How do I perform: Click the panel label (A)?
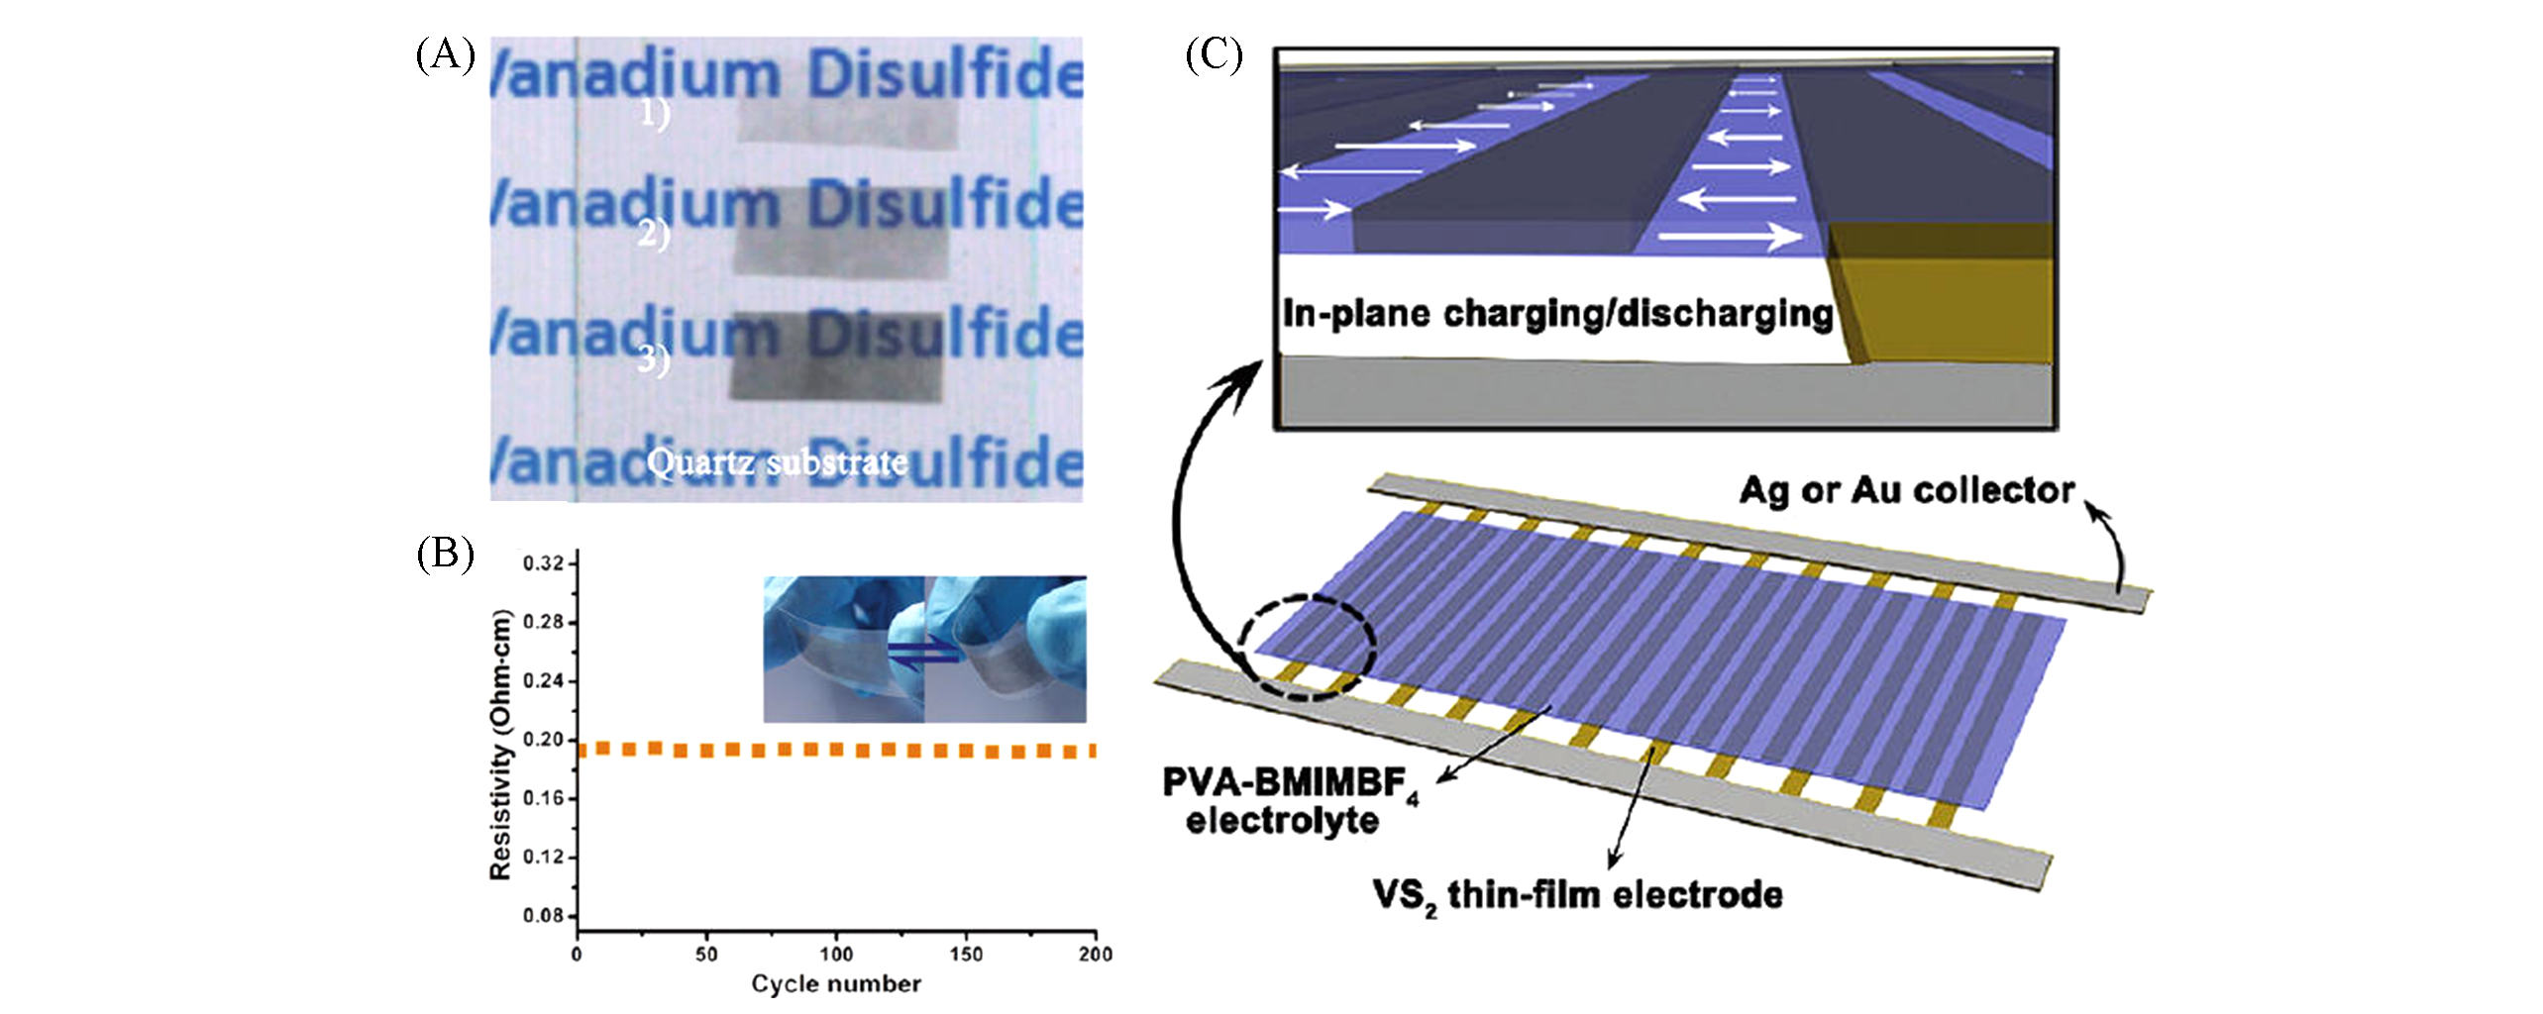(x=445, y=55)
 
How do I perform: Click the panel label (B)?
(x=445, y=555)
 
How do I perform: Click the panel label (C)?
(x=1214, y=55)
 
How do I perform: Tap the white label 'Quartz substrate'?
(x=777, y=462)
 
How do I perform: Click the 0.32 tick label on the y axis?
(x=543, y=563)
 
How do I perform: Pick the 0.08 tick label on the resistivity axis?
(x=543, y=915)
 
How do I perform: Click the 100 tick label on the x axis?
(x=835, y=954)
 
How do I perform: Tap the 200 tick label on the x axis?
(x=1095, y=954)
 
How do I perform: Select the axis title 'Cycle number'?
(x=835, y=983)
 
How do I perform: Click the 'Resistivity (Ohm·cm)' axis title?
(x=501, y=745)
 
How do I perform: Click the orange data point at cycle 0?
(x=582, y=751)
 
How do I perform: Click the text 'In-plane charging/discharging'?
(x=1557, y=313)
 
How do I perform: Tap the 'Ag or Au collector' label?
(x=1907, y=490)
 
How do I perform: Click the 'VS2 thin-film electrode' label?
(x=1577, y=895)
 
